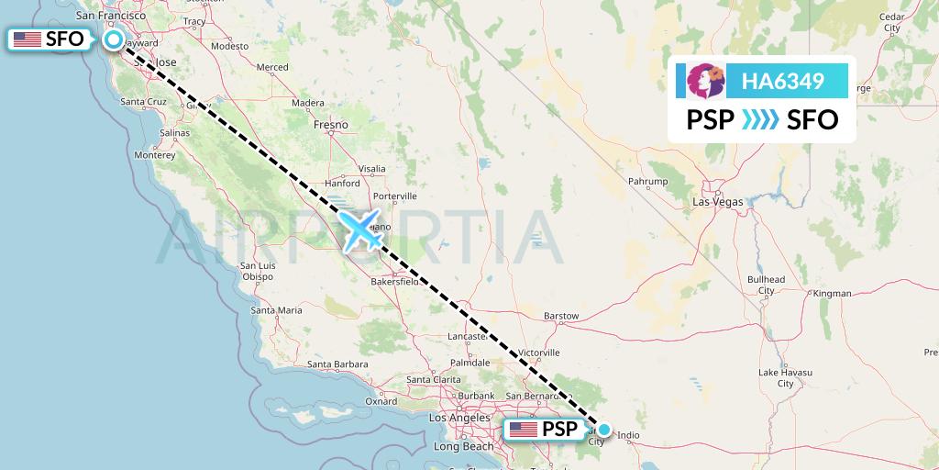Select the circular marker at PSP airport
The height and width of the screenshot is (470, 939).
point(604,429)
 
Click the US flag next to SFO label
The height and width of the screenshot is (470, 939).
point(28,39)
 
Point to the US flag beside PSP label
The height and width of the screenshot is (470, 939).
point(524,429)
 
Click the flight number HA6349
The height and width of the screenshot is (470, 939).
point(782,82)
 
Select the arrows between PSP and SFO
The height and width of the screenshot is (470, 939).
point(760,119)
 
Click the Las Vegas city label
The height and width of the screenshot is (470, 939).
point(718,200)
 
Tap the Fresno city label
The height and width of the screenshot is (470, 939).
point(330,124)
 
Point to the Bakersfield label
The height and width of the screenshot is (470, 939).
point(393,281)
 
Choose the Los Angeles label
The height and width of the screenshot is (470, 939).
point(459,418)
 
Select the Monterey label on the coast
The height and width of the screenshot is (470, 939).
point(154,155)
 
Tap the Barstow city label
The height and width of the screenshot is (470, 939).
point(561,316)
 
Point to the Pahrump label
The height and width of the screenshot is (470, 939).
point(647,182)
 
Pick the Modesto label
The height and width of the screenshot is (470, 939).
point(229,46)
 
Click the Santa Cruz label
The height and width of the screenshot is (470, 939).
point(143,101)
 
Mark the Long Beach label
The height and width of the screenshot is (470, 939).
point(464,446)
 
